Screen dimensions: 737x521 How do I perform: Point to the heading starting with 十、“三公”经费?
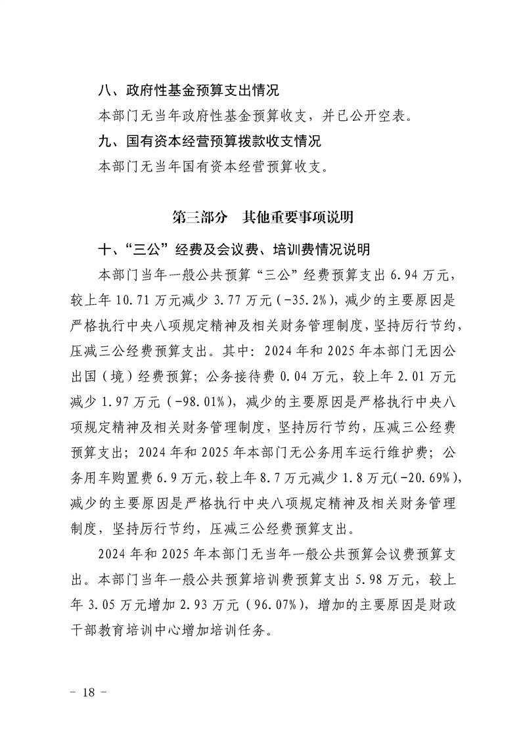click(233, 250)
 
